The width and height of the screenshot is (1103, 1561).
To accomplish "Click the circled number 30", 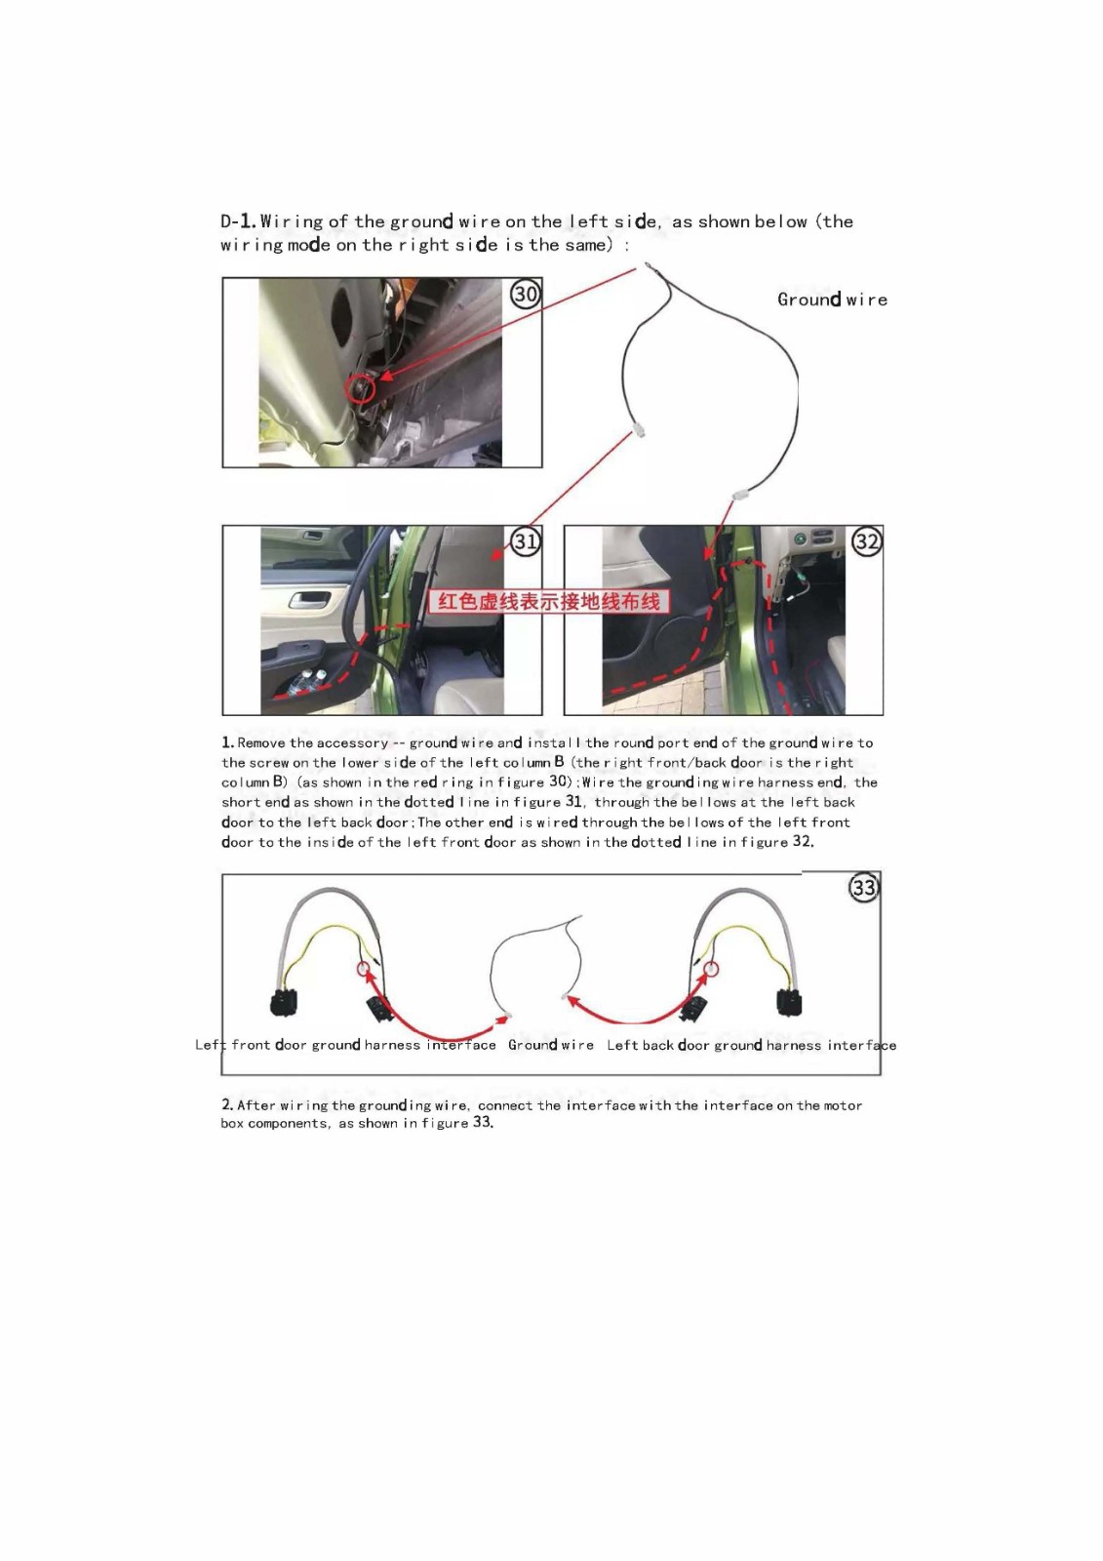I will pyautogui.click(x=526, y=294).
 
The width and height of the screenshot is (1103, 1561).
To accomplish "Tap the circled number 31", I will pyautogui.click(x=526, y=541).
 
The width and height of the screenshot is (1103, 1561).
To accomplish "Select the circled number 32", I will pyautogui.click(x=866, y=541).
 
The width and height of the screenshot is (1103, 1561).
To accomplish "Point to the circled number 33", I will pyautogui.click(x=864, y=888).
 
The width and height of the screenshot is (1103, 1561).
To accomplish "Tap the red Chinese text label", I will pyautogui.click(x=549, y=601).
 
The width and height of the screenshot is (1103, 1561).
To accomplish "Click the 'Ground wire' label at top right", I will pyautogui.click(x=832, y=300).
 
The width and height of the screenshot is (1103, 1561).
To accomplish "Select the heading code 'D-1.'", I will pyautogui.click(x=238, y=221).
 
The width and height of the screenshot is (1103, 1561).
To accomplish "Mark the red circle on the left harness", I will pyautogui.click(x=365, y=969).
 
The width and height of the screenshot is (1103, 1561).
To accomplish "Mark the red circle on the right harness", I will pyautogui.click(x=711, y=969).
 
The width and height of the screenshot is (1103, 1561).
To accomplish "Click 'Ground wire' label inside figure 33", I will pyautogui.click(x=550, y=1045).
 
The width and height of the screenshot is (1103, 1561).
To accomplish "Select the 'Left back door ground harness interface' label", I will pyautogui.click(x=751, y=1045).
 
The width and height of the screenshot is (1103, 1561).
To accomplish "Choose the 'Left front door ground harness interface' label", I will pyautogui.click(x=345, y=1045).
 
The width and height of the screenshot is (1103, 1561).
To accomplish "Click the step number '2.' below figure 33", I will pyautogui.click(x=227, y=1104).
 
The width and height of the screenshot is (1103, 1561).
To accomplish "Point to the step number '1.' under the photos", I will pyautogui.click(x=227, y=742).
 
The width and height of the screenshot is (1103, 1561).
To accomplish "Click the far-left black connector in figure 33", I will pyautogui.click(x=284, y=1002).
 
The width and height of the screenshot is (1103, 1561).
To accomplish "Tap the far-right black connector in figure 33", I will pyautogui.click(x=789, y=1002).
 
